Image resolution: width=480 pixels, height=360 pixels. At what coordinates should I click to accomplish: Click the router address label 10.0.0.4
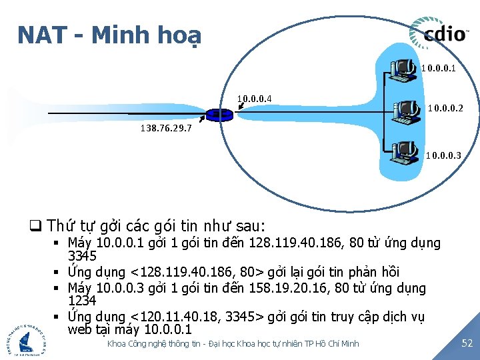[254, 100]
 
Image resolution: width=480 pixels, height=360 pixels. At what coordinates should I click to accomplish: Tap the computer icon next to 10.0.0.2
[406, 111]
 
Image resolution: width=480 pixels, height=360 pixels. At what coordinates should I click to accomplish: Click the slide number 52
[467, 343]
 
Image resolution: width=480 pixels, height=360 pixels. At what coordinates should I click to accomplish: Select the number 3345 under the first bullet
[82, 256]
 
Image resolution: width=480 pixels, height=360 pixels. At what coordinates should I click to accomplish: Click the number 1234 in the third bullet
[82, 301]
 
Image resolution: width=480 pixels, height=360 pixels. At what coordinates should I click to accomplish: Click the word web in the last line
[80, 329]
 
